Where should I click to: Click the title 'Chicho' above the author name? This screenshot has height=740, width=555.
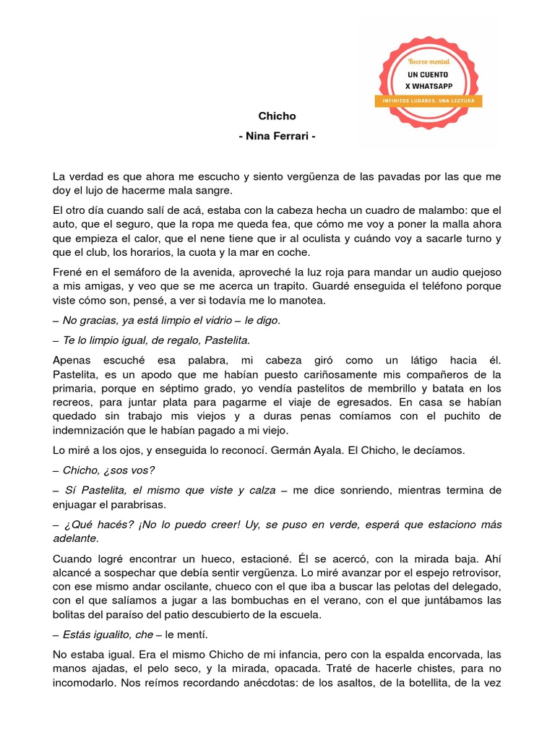(277, 116)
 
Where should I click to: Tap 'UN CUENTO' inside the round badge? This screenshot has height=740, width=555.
(428, 74)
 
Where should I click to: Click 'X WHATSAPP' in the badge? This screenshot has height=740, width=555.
(428, 86)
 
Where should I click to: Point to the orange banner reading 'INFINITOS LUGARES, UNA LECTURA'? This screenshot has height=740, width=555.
(428, 100)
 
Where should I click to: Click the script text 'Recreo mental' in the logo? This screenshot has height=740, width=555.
(429, 62)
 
